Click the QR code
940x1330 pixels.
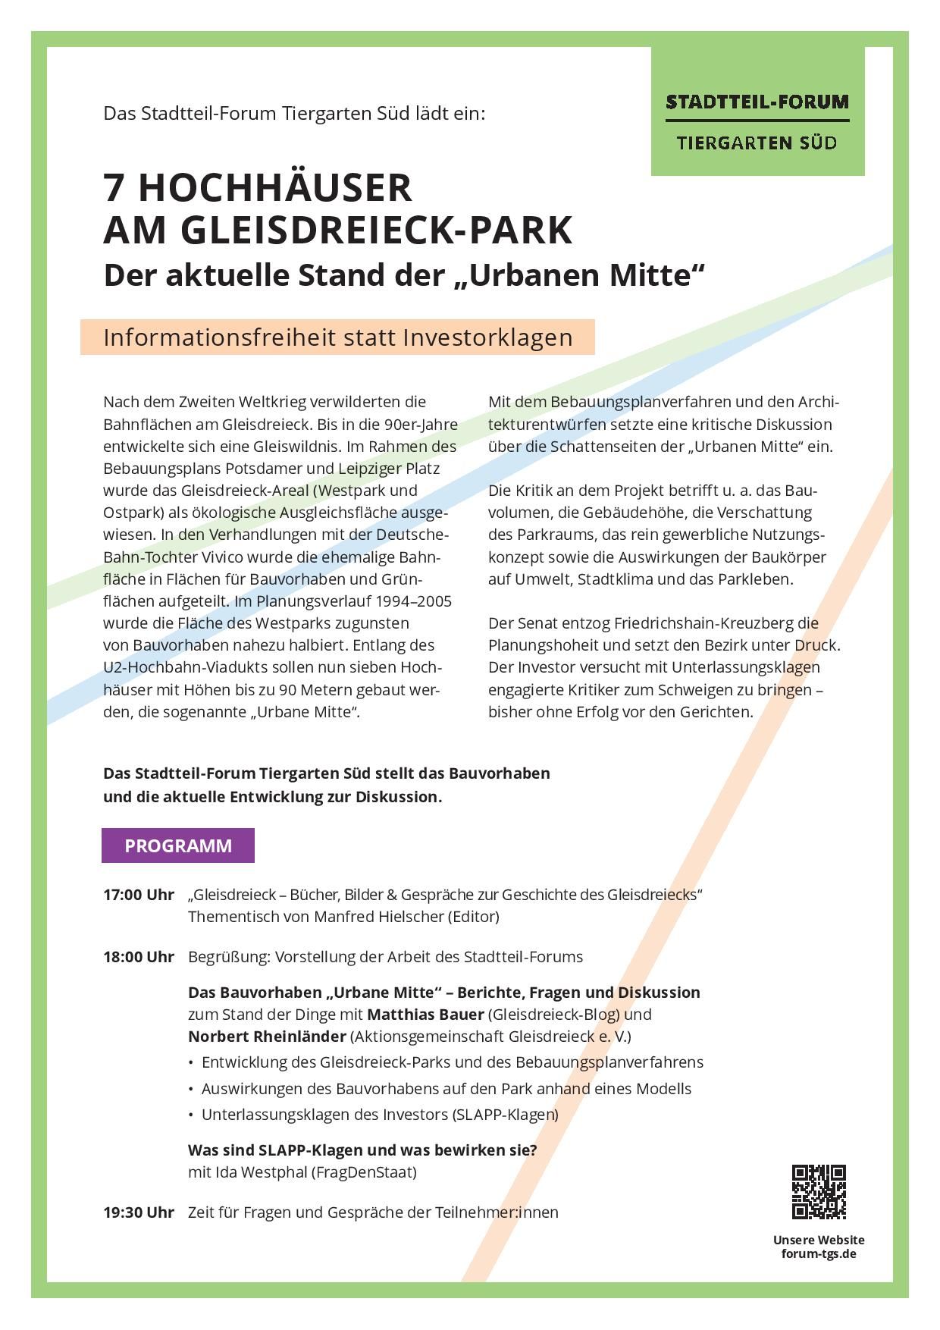coord(819,1191)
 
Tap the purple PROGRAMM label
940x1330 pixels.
coord(178,845)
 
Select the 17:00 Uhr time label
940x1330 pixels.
coord(139,895)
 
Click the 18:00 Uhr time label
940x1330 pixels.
coord(139,957)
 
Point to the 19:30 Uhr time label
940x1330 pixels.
coord(139,1212)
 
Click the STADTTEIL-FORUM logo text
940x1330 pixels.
coord(757,102)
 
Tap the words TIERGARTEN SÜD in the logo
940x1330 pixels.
coord(757,143)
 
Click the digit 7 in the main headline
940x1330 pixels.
coord(114,187)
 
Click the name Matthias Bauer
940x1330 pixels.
coord(425,1015)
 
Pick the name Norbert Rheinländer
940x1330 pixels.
coord(267,1036)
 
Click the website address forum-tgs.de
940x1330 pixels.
coord(819,1253)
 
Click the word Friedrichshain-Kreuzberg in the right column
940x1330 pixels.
coord(700,623)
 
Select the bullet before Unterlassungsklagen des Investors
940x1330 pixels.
coord(191,1115)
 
